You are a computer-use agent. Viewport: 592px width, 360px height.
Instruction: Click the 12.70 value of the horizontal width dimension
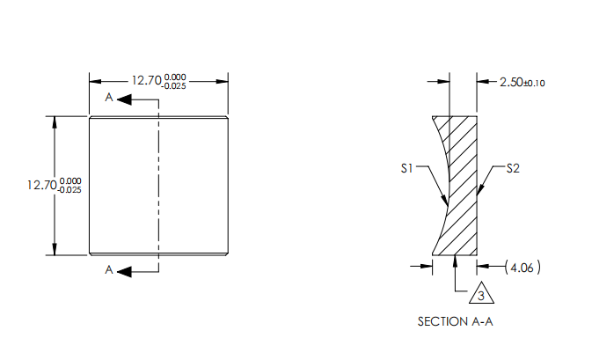pyautogui.click(x=146, y=80)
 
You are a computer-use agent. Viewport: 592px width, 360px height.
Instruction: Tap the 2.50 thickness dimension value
pyautogui.click(x=510, y=82)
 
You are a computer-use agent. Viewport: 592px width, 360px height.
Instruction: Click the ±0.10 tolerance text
pyautogui.click(x=535, y=83)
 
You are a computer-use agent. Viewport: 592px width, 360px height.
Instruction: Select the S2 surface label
pyautogui.click(x=514, y=168)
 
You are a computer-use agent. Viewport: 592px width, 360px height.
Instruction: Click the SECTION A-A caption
pyautogui.click(x=455, y=322)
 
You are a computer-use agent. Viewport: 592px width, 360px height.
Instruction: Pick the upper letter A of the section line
pyautogui.click(x=108, y=99)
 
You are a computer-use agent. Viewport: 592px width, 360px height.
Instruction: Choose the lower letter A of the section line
pyautogui.click(x=108, y=271)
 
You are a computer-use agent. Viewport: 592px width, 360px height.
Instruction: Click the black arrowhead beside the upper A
pyautogui.click(x=124, y=99)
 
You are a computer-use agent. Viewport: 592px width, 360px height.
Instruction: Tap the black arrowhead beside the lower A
pyautogui.click(x=124, y=271)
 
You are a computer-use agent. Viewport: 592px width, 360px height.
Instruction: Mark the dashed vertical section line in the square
pyautogui.click(x=158, y=185)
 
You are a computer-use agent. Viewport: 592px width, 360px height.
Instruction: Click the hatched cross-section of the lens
pyautogui.click(x=463, y=185)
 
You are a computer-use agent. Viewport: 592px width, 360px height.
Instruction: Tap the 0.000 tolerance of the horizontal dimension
pyautogui.click(x=175, y=77)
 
